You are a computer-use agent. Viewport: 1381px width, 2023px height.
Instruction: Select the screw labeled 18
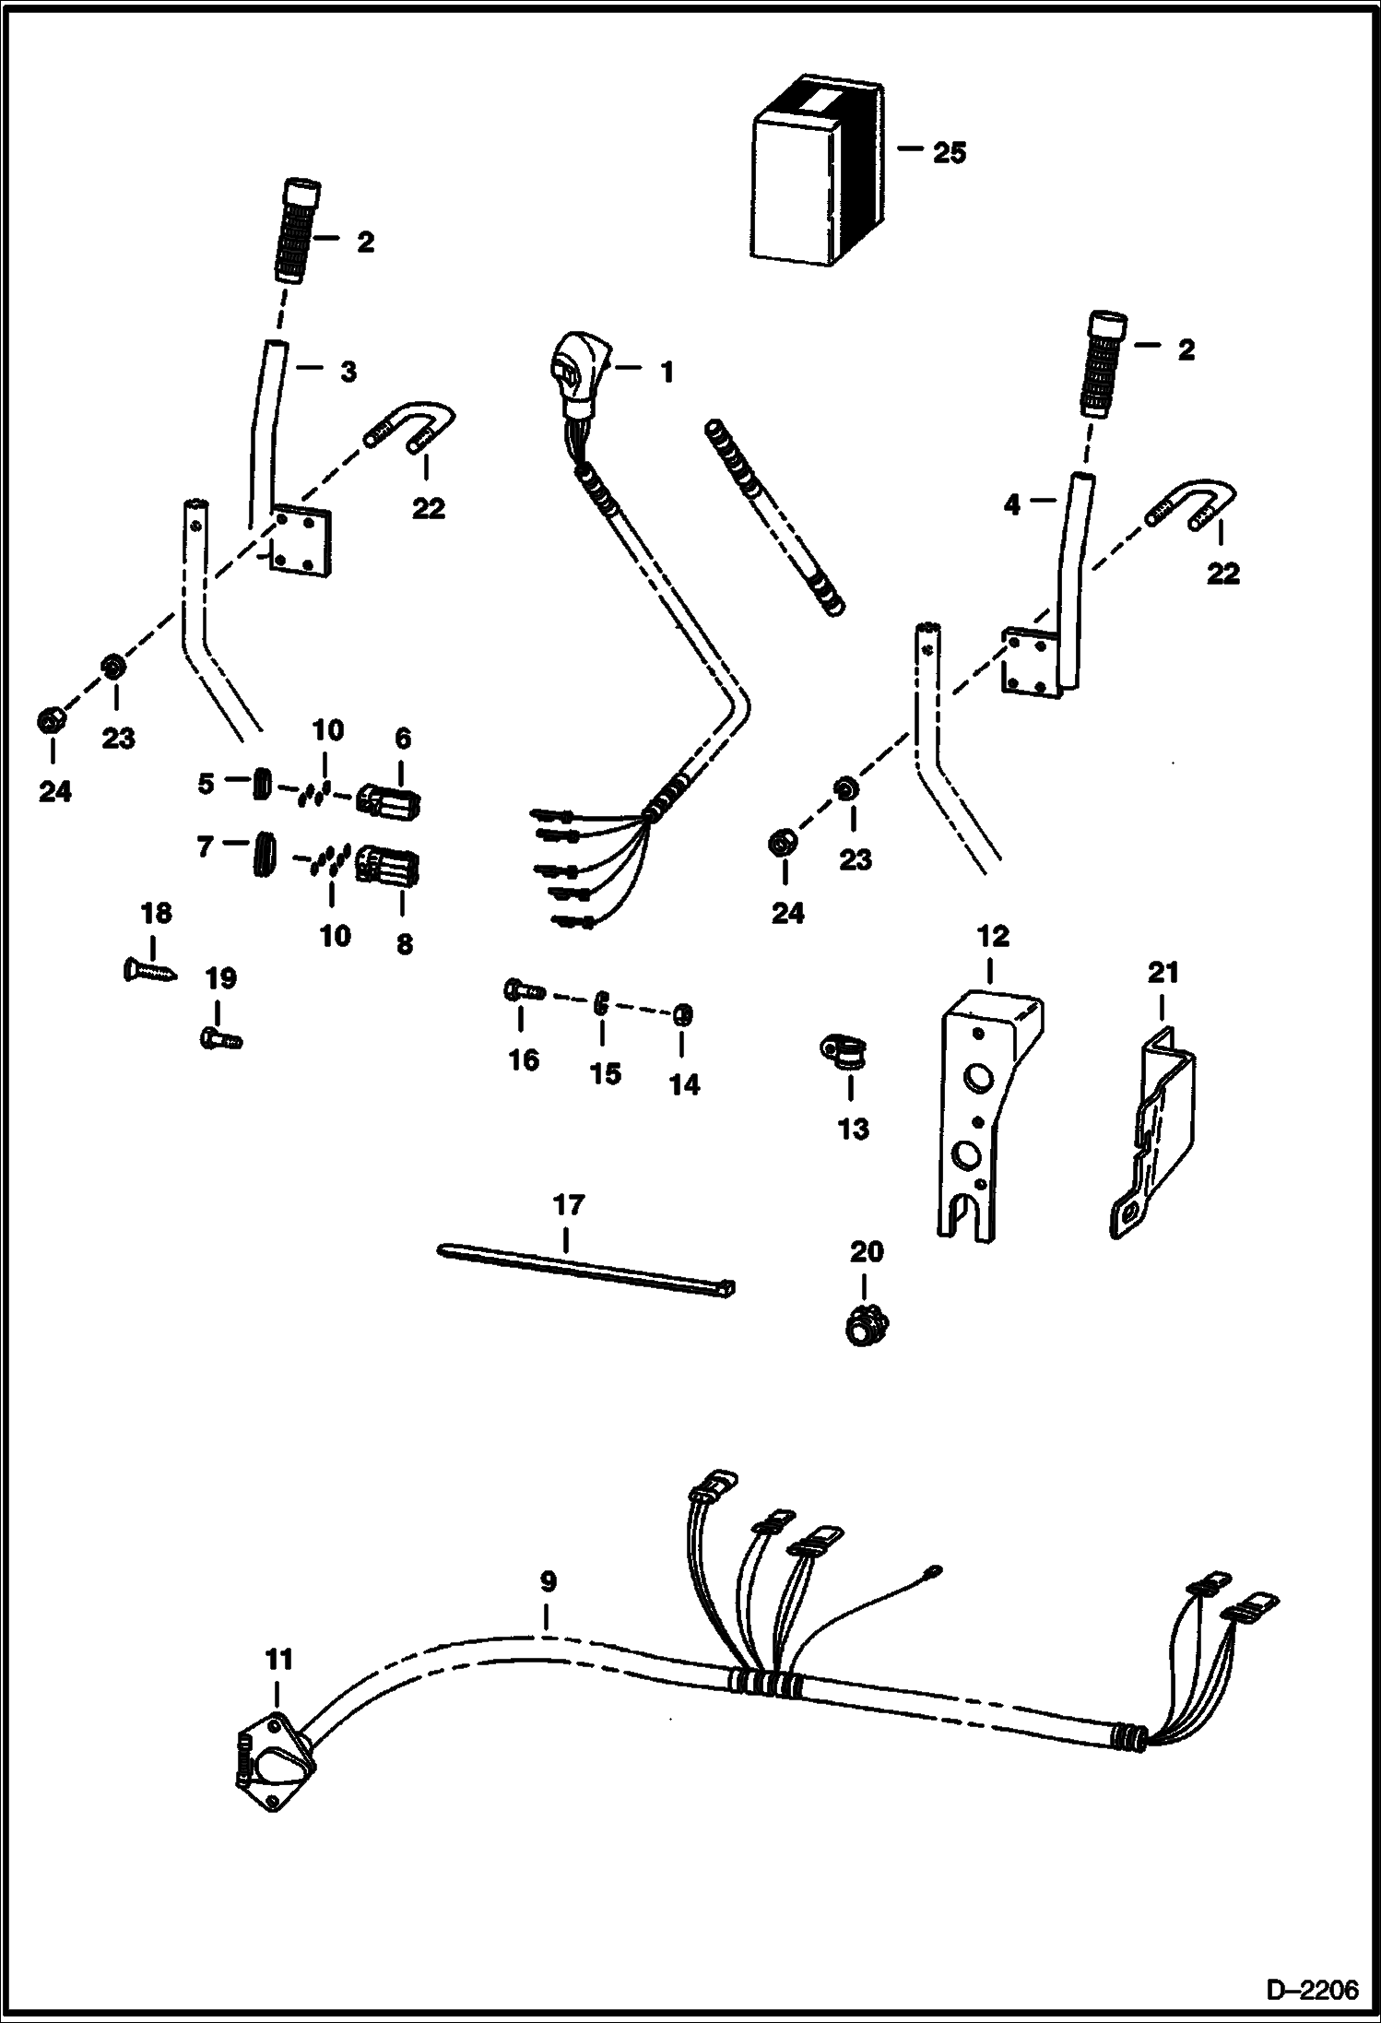pyautogui.click(x=148, y=970)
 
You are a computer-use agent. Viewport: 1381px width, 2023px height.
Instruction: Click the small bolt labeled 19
pyautogui.click(x=219, y=1038)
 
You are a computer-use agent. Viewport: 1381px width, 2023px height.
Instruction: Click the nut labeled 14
pyautogui.click(x=681, y=1015)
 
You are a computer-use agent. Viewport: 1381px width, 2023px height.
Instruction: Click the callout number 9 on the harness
pyautogui.click(x=548, y=1582)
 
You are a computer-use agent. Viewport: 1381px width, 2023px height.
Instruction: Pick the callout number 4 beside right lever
pyautogui.click(x=1012, y=505)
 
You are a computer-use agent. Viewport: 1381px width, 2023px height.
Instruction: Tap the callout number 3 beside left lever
pyautogui.click(x=348, y=372)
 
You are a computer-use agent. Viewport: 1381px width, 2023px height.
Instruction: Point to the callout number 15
pyautogui.click(x=606, y=1073)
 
